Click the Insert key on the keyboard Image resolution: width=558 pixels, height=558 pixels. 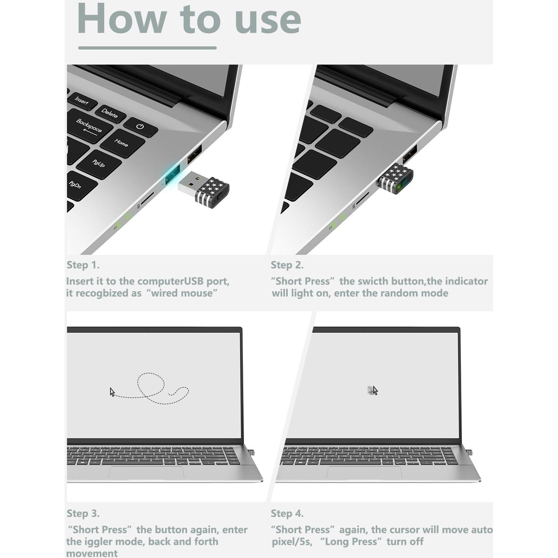pyautogui.click(x=82, y=101)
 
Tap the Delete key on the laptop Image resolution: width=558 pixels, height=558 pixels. pyautogui.click(x=110, y=114)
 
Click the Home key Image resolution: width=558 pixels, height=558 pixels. pyautogui.click(x=122, y=143)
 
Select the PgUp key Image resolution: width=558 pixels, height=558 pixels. pyautogui.click(x=99, y=163)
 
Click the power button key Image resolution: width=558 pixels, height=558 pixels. pyautogui.click(x=140, y=127)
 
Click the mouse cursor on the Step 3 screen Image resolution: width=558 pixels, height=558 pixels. pyautogui.click(x=112, y=392)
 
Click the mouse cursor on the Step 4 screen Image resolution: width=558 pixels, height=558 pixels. pyautogui.click(x=375, y=390)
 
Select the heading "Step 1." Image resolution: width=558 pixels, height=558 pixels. pyautogui.click(x=83, y=265)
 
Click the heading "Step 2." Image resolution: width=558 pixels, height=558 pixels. pyautogui.click(x=287, y=265)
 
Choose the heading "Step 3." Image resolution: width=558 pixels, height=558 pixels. pyautogui.click(x=83, y=513)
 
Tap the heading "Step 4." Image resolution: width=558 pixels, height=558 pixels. pyautogui.click(x=287, y=513)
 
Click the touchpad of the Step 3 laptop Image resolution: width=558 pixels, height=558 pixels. pyautogui.click(x=146, y=472)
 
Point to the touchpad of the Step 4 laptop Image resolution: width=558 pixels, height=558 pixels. pyautogui.click(x=364, y=472)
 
